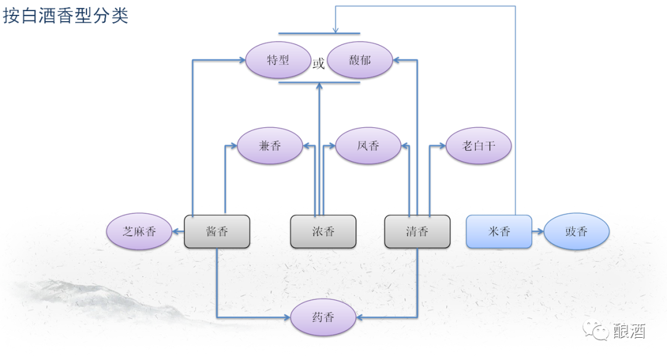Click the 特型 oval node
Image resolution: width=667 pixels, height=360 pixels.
[x=278, y=61]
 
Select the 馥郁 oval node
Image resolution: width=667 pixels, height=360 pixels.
[x=360, y=61]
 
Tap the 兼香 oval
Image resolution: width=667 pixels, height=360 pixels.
[x=270, y=146]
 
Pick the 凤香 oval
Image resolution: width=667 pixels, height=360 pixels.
[x=368, y=146]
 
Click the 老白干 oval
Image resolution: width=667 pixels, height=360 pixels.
[x=479, y=146]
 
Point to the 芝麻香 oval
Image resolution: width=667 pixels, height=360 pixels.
[x=139, y=232]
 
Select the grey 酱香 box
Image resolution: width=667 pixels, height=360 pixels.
[x=217, y=232]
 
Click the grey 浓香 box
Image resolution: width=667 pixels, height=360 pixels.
[x=323, y=232]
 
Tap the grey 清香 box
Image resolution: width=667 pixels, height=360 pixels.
[x=417, y=232]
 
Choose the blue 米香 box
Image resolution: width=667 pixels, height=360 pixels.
[x=499, y=232]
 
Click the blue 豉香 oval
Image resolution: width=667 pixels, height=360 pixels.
[x=576, y=232]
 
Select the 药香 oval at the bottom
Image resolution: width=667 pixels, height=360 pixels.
[x=323, y=317]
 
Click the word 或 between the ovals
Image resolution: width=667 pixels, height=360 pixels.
[x=319, y=64]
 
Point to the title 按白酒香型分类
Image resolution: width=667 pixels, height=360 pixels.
[x=65, y=15]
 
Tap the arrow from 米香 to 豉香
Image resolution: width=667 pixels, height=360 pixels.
[x=538, y=232]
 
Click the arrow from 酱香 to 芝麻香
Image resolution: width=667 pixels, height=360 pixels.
[x=178, y=232]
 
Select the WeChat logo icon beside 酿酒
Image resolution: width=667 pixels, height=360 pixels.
[x=598, y=331]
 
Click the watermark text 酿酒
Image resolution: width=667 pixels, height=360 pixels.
[x=629, y=332]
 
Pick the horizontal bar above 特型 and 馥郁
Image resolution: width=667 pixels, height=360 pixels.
[x=319, y=33]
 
